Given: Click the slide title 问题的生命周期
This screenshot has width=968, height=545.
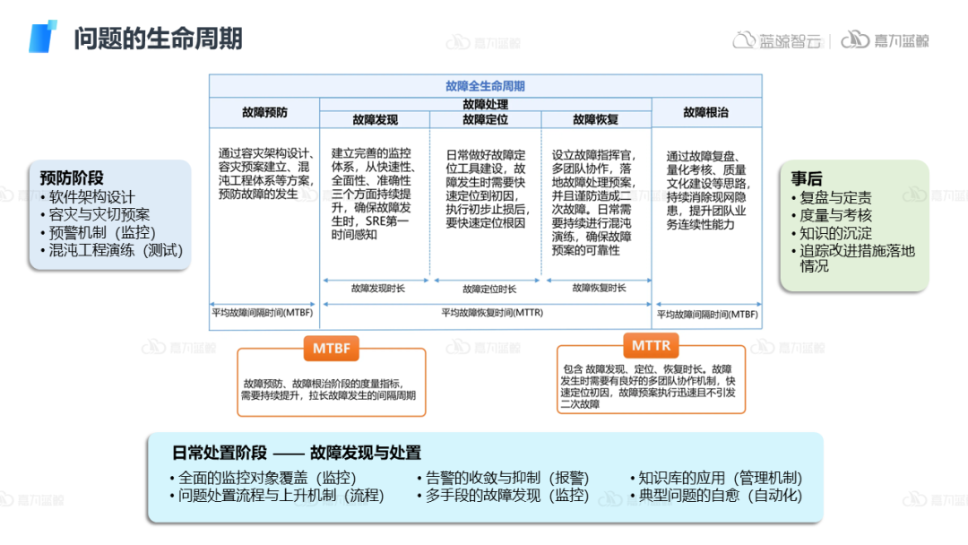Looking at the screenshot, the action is (x=158, y=39).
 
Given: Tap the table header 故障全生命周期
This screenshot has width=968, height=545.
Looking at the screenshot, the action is (x=485, y=86).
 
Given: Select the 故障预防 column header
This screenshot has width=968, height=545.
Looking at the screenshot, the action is (x=264, y=112).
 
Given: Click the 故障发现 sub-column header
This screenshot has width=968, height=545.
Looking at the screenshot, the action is (x=375, y=119).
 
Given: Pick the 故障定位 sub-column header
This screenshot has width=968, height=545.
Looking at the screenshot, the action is (x=485, y=119).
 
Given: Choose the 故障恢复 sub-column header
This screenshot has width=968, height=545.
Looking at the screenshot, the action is (x=595, y=119).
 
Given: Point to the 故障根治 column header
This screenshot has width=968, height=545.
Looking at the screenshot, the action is (x=705, y=112).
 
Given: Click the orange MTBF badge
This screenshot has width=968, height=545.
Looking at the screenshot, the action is (x=331, y=348).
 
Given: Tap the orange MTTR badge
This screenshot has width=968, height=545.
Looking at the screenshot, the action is (x=651, y=345).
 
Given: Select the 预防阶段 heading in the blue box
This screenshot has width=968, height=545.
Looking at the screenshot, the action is (x=72, y=178).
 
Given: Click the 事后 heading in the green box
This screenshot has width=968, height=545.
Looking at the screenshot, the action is (x=806, y=178).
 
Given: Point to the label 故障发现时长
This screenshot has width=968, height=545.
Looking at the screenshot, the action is (x=377, y=288).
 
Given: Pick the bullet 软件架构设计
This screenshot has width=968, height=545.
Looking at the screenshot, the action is (x=91, y=197).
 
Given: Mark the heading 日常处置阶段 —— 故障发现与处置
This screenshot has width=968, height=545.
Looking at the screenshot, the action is (x=296, y=453).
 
